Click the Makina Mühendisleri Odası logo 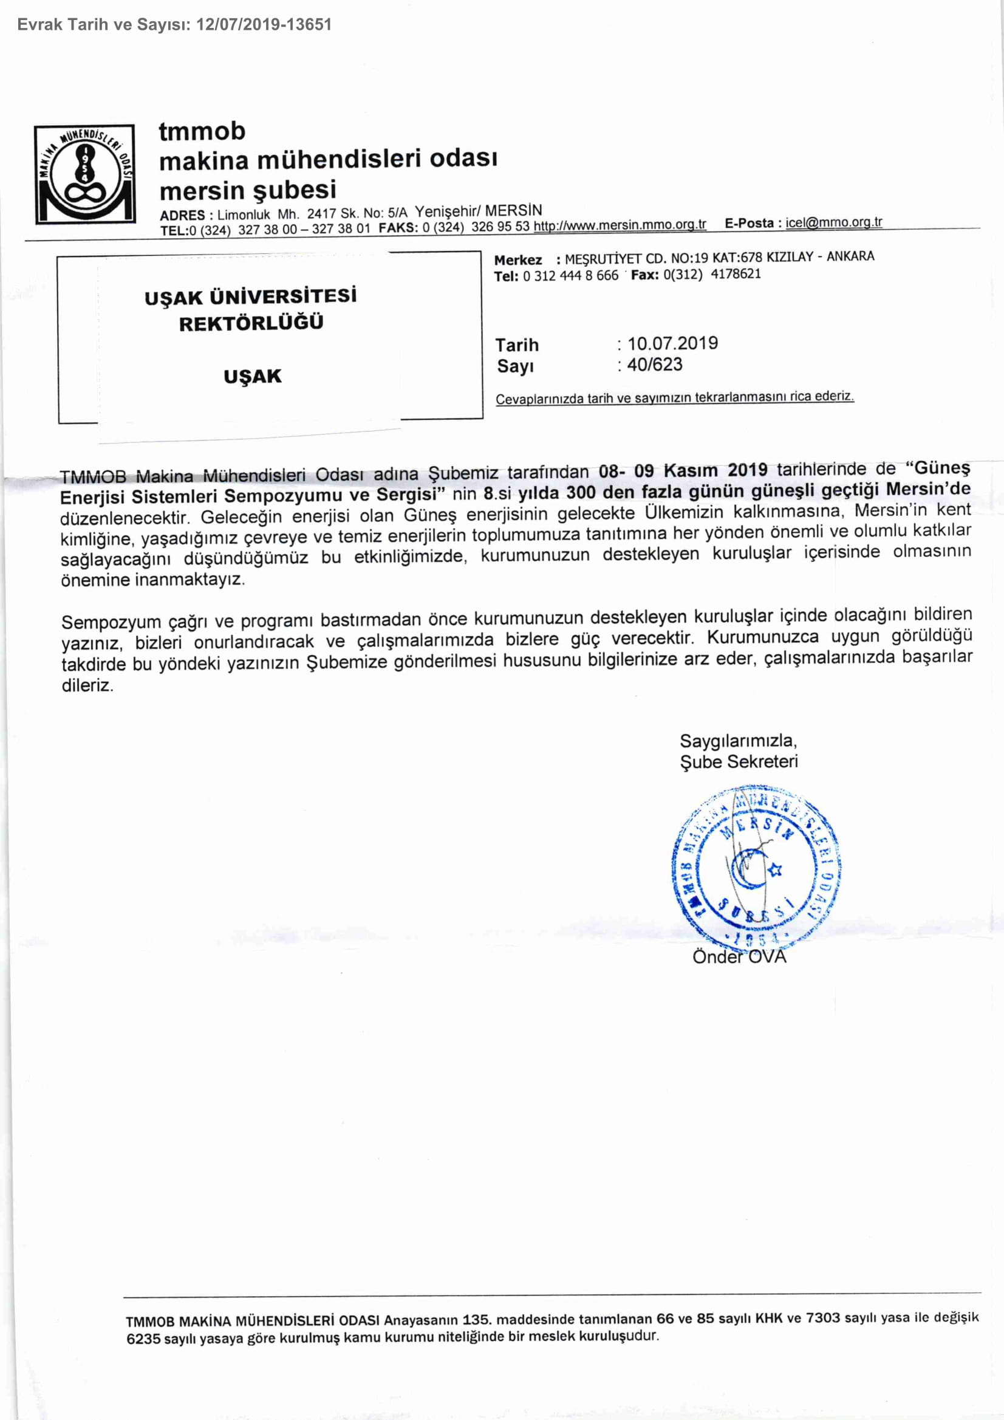point(84,174)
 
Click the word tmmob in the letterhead point(202,131)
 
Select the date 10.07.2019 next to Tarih point(672,343)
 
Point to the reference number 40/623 point(654,365)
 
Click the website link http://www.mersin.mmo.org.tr point(620,225)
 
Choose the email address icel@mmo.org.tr point(833,222)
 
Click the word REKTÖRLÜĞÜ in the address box point(251,323)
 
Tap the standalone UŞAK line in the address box point(252,376)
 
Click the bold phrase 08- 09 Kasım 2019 point(683,470)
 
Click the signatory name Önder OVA point(739,957)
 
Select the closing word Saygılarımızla point(737,740)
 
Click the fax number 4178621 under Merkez point(736,274)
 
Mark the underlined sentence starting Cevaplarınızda point(674,397)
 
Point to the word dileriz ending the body point(87,685)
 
